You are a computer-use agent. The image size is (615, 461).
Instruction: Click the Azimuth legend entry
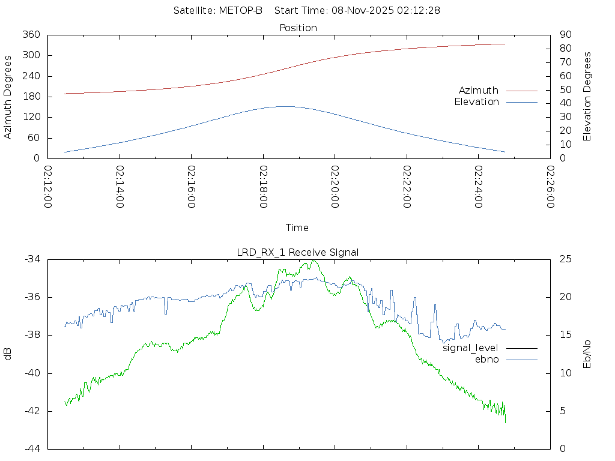[479, 91]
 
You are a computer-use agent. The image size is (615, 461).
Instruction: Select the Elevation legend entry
[477, 102]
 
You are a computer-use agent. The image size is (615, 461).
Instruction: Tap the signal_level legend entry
[471, 348]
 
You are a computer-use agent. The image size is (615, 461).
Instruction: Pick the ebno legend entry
[487, 360]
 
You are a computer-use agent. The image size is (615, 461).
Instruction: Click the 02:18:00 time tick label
[264, 187]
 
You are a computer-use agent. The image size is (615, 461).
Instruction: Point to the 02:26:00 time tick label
[550, 187]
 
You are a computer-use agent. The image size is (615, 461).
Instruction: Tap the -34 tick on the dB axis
[32, 259]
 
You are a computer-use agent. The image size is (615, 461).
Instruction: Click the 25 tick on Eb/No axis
[564, 259]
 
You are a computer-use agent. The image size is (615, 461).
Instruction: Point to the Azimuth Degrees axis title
[8, 97]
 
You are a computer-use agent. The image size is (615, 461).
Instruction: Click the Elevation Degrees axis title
[588, 97]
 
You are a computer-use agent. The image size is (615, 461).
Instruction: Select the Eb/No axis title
[588, 354]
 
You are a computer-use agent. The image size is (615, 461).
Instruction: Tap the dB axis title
[8, 354]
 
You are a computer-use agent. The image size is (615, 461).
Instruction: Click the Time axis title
[297, 228]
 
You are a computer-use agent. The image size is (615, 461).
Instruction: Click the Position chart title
[298, 28]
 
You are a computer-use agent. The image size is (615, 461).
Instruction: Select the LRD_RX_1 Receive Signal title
[298, 253]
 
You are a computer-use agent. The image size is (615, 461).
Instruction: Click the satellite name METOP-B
[242, 11]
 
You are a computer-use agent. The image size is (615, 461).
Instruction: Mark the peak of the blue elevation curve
[284, 106]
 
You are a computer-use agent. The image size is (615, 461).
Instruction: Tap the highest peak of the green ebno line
[314, 261]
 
